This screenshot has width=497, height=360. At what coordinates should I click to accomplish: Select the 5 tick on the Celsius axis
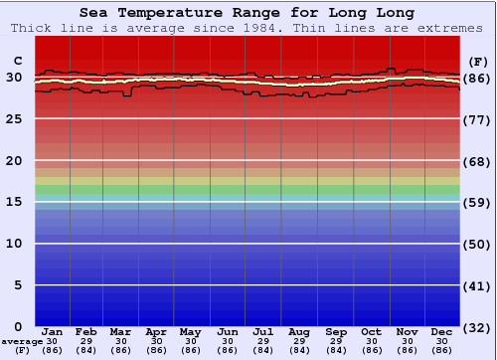pos(17,285)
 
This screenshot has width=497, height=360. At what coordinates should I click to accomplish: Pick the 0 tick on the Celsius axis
pos(17,326)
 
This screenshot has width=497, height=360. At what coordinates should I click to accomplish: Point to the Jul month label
pos(263,331)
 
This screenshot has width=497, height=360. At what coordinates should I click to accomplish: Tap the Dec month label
pos(441,331)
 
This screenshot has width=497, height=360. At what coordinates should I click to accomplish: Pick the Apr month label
pos(157,331)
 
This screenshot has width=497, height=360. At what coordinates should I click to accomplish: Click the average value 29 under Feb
pos(86,341)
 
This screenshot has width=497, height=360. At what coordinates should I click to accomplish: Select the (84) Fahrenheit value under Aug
pos(299,350)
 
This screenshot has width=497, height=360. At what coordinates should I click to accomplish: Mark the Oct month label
pos(371,331)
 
